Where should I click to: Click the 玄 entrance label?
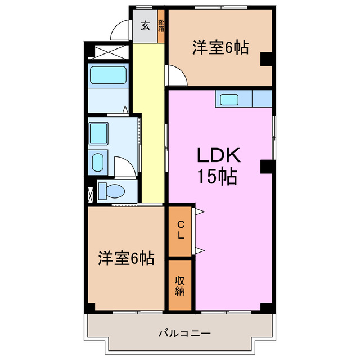click(x=145, y=25)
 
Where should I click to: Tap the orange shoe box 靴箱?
click(x=161, y=27)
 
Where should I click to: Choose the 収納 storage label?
click(x=180, y=285)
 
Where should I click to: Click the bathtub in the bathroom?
click(x=109, y=75)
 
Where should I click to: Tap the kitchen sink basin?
click(x=229, y=100)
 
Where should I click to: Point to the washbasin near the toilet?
click(x=97, y=163)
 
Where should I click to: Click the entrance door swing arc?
click(x=120, y=30)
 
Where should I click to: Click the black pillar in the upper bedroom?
click(x=266, y=58)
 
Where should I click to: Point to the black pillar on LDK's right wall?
click(x=266, y=166)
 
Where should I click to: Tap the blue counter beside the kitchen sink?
click(x=262, y=99)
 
